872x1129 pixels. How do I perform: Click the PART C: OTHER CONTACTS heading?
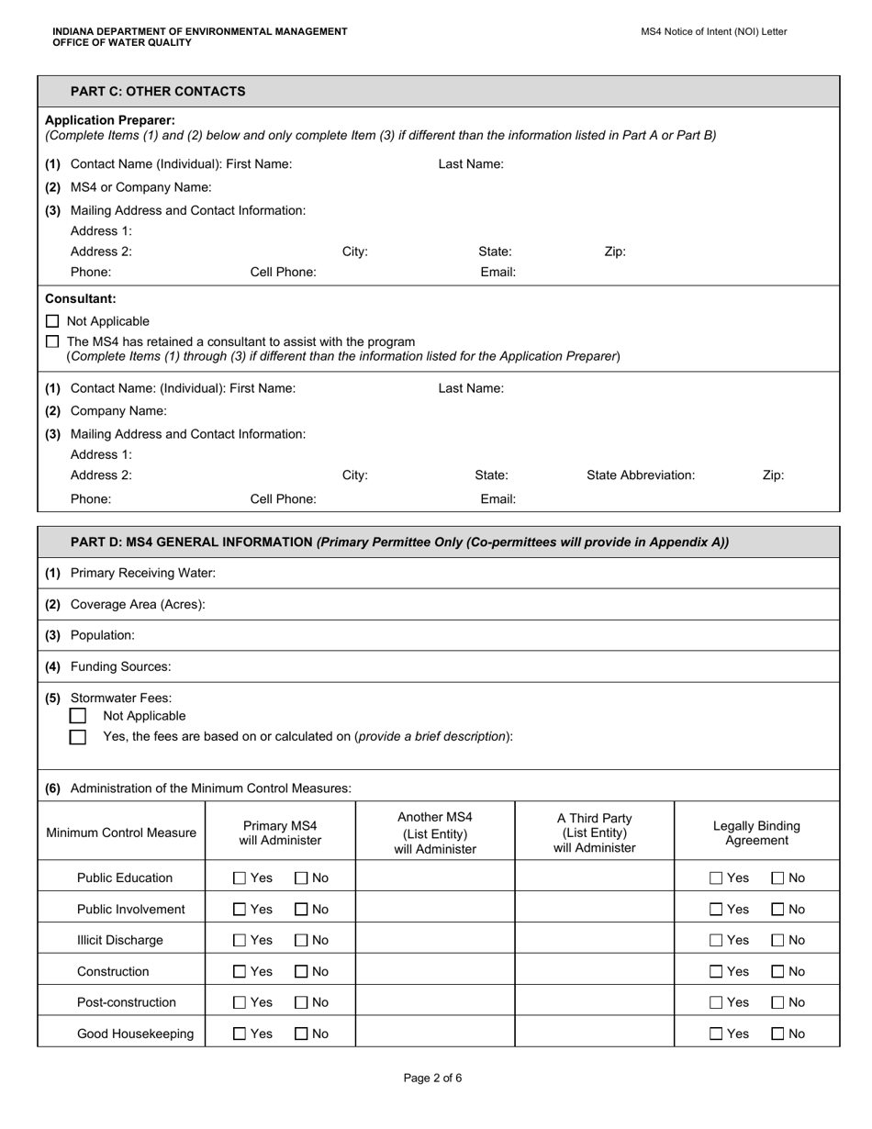click(x=158, y=91)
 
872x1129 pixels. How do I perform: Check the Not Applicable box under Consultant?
click(x=52, y=321)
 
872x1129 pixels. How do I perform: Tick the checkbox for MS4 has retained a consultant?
click(x=52, y=341)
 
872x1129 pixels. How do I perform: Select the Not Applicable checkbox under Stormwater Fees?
click(x=78, y=716)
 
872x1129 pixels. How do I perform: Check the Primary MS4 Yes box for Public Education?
click(x=240, y=878)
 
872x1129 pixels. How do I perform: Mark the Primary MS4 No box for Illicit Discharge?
click(x=301, y=941)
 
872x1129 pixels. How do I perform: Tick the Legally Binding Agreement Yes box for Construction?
click(x=717, y=972)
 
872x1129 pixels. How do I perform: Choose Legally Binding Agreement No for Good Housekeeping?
click(x=777, y=1034)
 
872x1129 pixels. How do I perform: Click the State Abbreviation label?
click(x=641, y=475)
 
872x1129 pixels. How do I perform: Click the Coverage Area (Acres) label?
click(x=138, y=604)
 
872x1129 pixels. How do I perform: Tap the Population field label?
click(x=102, y=635)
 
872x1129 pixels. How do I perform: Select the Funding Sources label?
click(x=120, y=666)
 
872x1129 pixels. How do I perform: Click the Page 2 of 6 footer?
click(x=432, y=1079)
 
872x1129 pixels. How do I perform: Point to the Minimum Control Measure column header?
click(x=121, y=833)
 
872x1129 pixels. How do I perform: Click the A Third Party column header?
click(x=594, y=833)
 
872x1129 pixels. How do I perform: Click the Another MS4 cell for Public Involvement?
click(x=434, y=910)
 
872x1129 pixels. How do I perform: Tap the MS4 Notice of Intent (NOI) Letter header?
click(x=713, y=31)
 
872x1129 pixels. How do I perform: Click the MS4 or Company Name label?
click(x=140, y=187)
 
